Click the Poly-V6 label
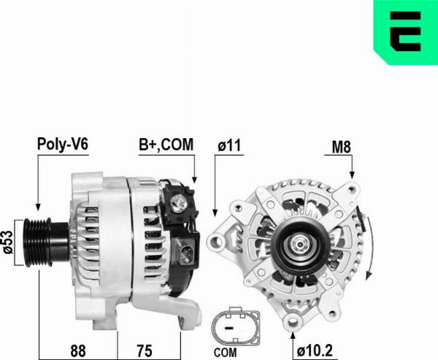(x=63, y=145)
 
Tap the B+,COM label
(x=166, y=145)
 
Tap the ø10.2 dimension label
(x=315, y=348)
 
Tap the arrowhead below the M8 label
(x=351, y=175)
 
